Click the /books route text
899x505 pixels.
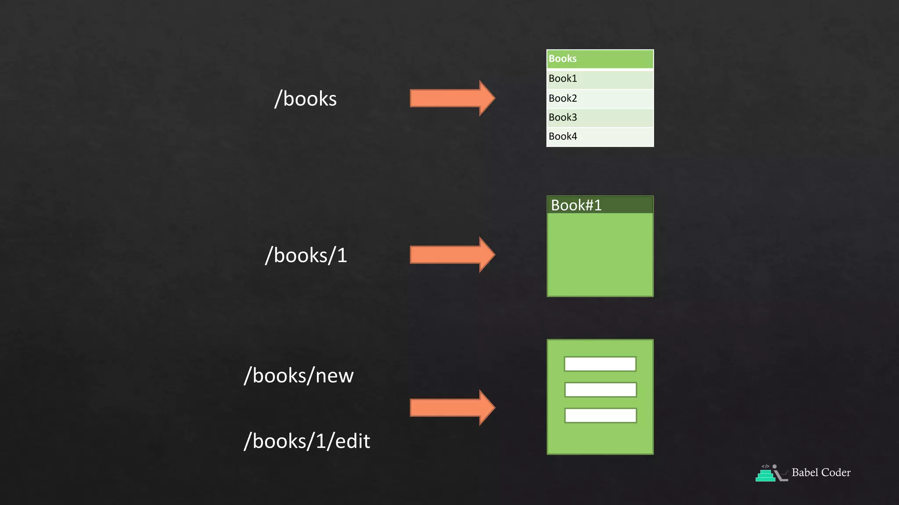pyautogui.click(x=306, y=99)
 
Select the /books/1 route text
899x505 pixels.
pyautogui.click(x=306, y=256)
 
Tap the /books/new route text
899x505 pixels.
pyautogui.click(x=298, y=376)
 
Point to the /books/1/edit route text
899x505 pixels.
pyautogui.click(x=307, y=441)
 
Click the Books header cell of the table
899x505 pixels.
pyautogui.click(x=600, y=59)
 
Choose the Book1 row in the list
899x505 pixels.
pyautogui.click(x=600, y=79)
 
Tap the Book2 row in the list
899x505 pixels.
pyautogui.click(x=600, y=99)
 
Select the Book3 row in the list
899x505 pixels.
pyautogui.click(x=600, y=117)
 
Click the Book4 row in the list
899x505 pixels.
pyautogui.click(x=600, y=137)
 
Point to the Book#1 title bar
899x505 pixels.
pyautogui.click(x=600, y=205)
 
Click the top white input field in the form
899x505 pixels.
pyautogui.click(x=600, y=364)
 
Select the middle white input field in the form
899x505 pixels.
pyautogui.click(x=600, y=390)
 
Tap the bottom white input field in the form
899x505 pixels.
pyautogui.click(x=600, y=416)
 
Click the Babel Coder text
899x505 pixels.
pyautogui.click(x=821, y=473)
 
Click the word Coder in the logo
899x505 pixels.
pyautogui.click(x=836, y=473)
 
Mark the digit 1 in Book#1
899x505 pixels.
pyautogui.click(x=597, y=205)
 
